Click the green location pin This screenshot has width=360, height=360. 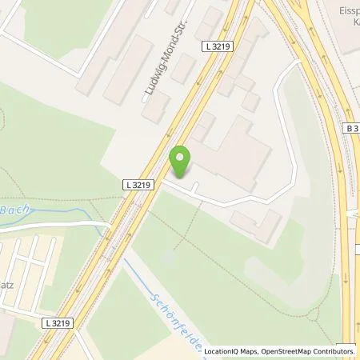(182, 161)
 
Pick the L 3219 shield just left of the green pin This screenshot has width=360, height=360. (138, 185)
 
